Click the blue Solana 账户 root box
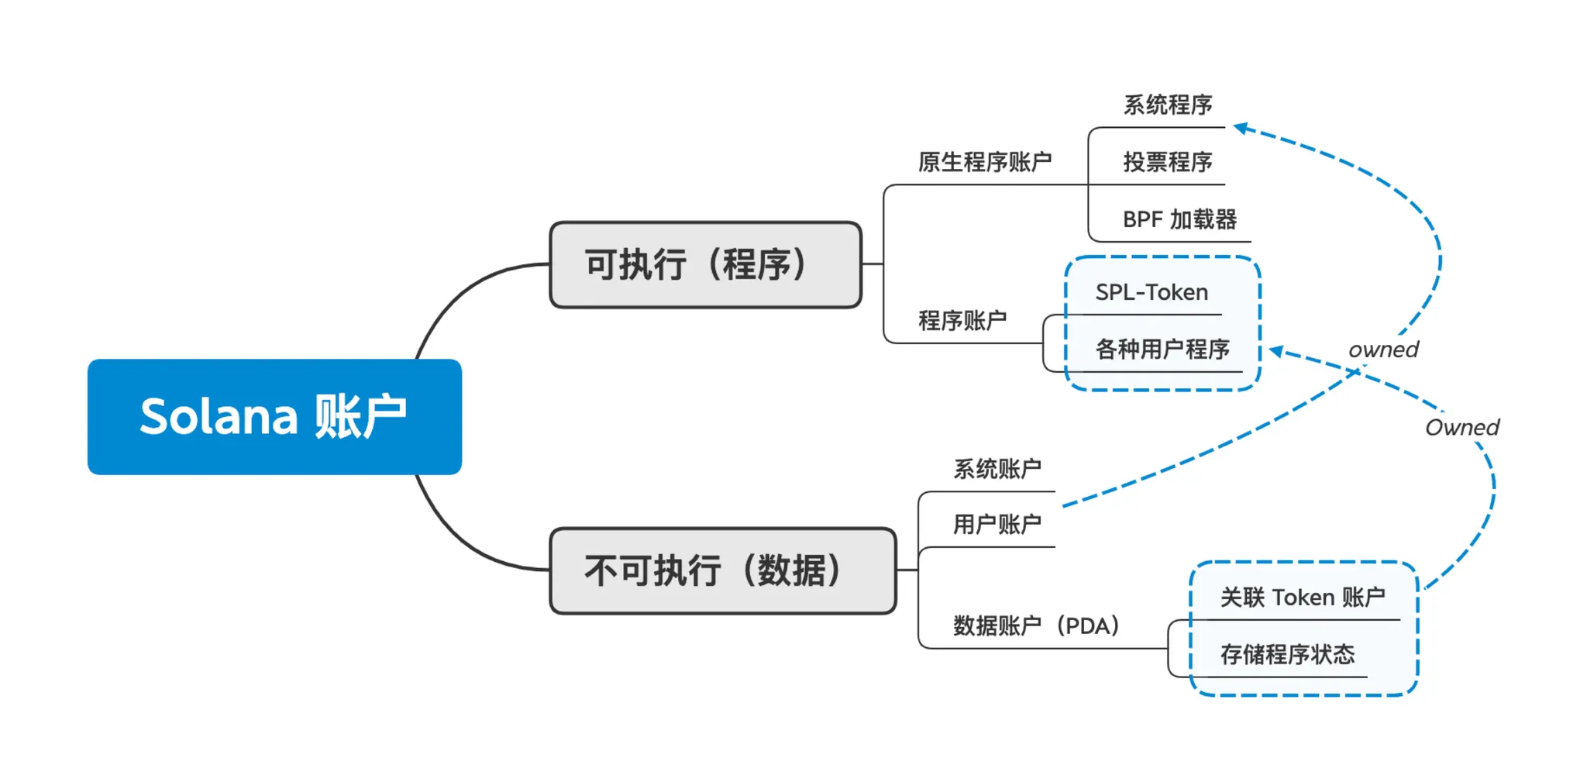coord(274,416)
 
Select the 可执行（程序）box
coord(705,265)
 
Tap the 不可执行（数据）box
coord(722,571)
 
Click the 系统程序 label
coord(1168,105)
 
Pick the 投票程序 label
coord(1168,162)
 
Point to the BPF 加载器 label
coord(1179,219)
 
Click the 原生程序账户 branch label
coord(985,162)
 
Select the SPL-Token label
coord(1152,292)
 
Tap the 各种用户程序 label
coord(1162,350)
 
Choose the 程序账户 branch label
coord(962,320)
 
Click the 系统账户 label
coord(997,469)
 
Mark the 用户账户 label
coord(997,525)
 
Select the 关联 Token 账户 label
coord(1303,598)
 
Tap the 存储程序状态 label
coord(1287,655)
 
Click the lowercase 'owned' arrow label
coord(1383,350)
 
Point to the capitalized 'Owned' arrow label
coord(1462,427)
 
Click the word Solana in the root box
coord(219,416)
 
